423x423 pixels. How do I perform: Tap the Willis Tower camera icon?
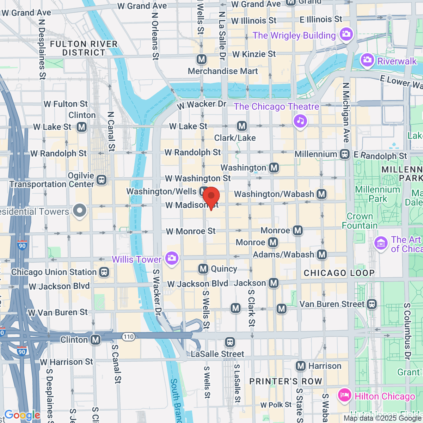[172, 258]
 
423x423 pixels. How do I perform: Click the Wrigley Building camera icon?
[346, 34]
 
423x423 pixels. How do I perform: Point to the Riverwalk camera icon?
[367, 60]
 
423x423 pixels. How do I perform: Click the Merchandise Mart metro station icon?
[202, 59]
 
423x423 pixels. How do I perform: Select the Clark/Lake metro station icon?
[242, 126]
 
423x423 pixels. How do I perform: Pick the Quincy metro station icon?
[203, 269]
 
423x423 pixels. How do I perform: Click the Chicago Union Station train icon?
[104, 272]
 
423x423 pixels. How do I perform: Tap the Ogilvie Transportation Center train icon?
[102, 180]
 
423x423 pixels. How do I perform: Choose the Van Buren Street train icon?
[372, 304]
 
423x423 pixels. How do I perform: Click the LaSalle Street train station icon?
[230, 342]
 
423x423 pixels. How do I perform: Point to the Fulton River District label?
[84, 48]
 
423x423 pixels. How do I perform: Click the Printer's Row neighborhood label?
[286, 381]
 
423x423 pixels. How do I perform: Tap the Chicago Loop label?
[339, 273]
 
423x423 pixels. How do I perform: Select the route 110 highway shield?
[129, 337]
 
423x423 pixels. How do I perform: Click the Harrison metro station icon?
[301, 366]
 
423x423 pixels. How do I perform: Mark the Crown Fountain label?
[360, 221]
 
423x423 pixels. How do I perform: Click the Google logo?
[22, 415]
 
